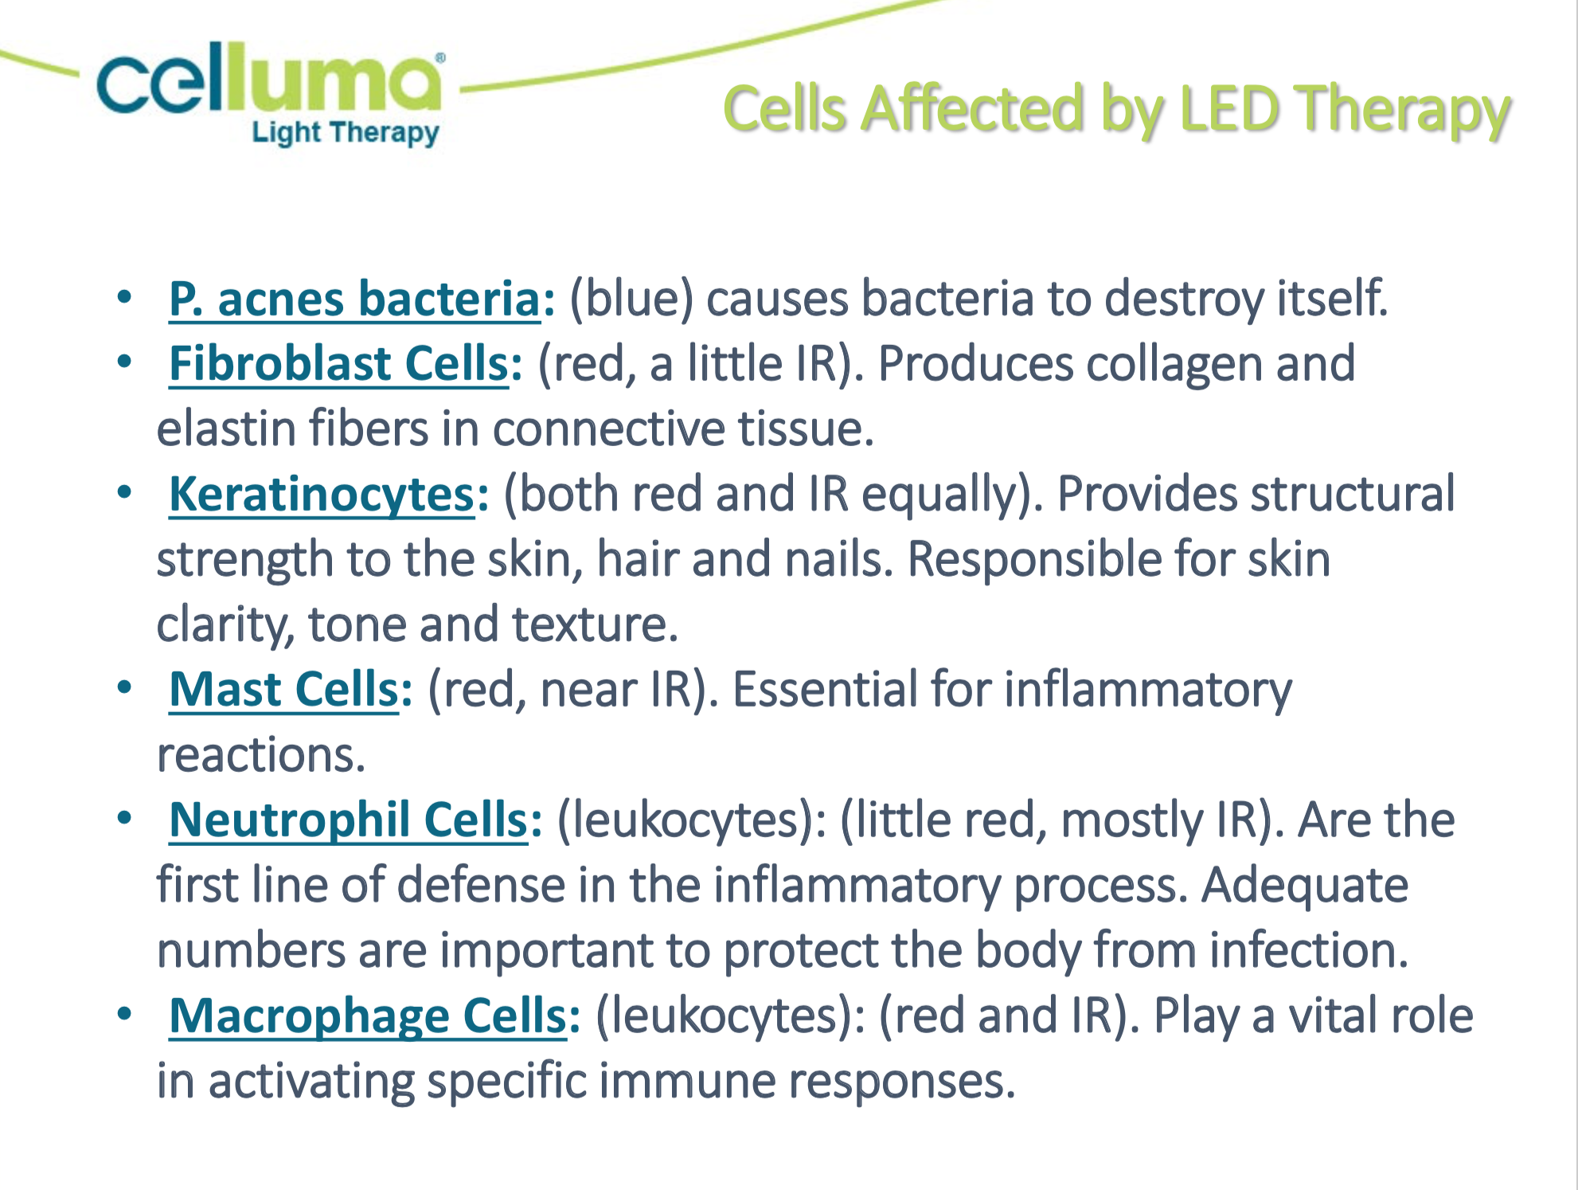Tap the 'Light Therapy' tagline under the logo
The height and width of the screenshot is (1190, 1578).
pyautogui.click(x=346, y=132)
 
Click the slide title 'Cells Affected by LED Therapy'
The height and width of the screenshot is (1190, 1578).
pyautogui.click(x=1116, y=109)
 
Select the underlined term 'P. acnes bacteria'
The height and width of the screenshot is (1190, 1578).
pyautogui.click(x=355, y=299)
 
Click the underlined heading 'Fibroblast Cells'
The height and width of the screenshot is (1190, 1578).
pyautogui.click(x=338, y=364)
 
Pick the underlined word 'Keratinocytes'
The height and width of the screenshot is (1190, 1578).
pyautogui.click(x=322, y=495)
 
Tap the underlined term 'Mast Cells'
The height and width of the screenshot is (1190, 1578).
pyautogui.click(x=283, y=689)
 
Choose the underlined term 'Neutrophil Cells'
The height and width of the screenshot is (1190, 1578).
pyautogui.click(x=349, y=820)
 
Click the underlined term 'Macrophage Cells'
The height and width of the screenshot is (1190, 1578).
pyautogui.click(x=368, y=1016)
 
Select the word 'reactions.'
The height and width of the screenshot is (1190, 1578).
pyautogui.click(x=261, y=755)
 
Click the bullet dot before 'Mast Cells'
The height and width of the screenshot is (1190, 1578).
pyautogui.click(x=124, y=687)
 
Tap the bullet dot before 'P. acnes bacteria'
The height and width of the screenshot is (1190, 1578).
pyautogui.click(x=124, y=297)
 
